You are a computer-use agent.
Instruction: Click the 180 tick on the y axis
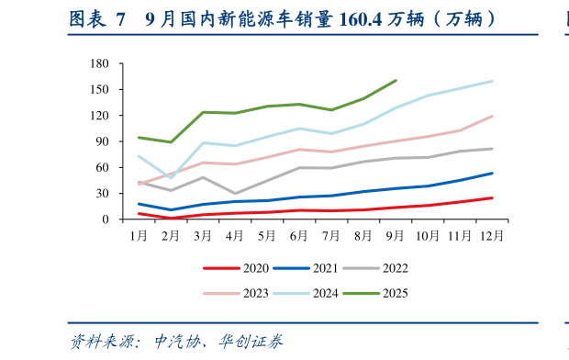point(100,64)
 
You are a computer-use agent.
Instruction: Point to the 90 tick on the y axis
point(104,142)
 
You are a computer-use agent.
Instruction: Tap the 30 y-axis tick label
point(104,194)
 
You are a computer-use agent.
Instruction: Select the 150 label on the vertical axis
point(100,90)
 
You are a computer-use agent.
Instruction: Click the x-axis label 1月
point(139,236)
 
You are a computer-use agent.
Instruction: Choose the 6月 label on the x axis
point(299,236)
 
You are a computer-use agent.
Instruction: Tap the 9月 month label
point(396,236)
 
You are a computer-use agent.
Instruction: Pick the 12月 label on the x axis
point(491,236)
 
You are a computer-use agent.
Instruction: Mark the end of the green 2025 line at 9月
point(396,80)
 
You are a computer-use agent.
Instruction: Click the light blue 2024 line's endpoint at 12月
point(492,81)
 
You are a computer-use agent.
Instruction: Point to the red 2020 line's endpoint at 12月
point(492,197)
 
